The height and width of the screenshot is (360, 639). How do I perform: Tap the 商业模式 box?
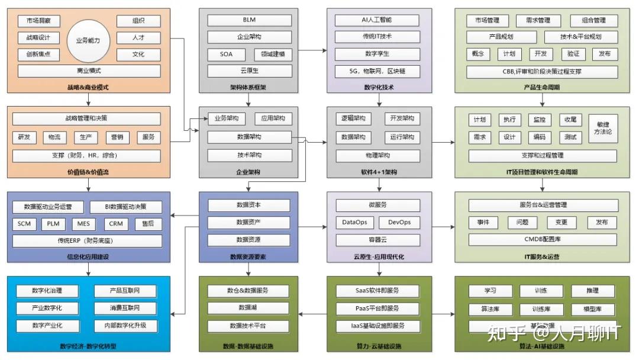[89, 71]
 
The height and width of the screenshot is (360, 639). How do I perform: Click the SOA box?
[226, 54]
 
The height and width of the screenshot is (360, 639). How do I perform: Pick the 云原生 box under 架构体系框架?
[249, 71]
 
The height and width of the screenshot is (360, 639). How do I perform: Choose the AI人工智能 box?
[377, 20]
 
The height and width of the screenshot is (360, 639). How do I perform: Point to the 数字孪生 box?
[377, 54]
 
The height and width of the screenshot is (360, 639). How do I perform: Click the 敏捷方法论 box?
[603, 128]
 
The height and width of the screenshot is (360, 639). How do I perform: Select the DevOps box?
[399, 223]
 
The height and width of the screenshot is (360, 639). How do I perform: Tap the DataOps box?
[354, 223]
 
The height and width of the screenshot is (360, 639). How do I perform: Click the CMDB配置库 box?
[542, 240]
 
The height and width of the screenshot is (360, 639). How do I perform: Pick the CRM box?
[115, 224]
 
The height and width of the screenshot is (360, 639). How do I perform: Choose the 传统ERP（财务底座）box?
[89, 241]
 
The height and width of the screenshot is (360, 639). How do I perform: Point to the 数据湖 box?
[249, 308]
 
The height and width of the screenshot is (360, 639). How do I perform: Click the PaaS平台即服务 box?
[377, 308]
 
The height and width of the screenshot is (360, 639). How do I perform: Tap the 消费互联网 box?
[124, 308]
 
